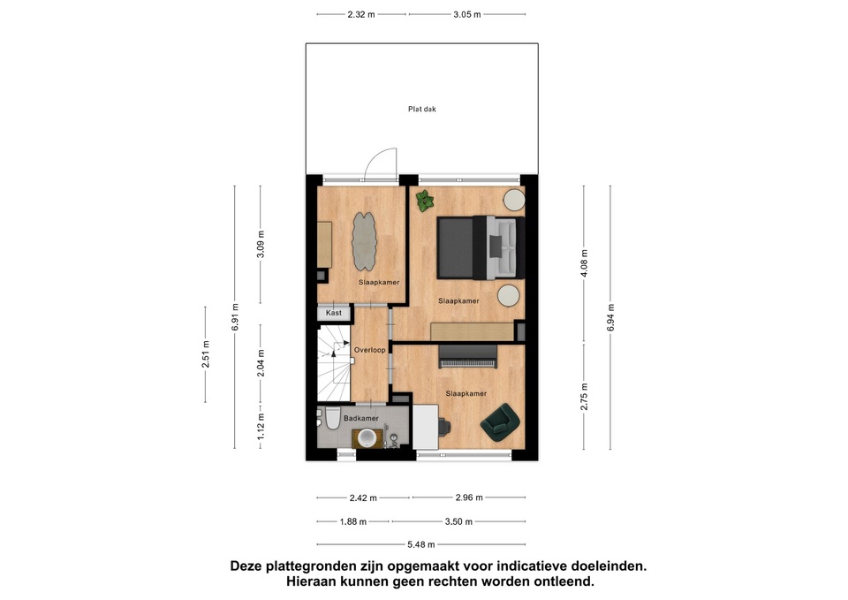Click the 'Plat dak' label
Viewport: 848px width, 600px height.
click(x=422, y=109)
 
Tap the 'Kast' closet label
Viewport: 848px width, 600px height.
click(x=334, y=313)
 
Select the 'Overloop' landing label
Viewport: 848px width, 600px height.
click(x=370, y=350)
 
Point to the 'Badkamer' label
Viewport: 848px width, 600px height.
click(x=361, y=418)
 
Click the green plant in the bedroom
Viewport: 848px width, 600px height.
click(x=425, y=201)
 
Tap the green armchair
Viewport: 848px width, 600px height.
click(x=500, y=422)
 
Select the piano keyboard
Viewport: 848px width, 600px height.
click(x=468, y=357)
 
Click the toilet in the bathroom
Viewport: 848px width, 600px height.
click(x=331, y=421)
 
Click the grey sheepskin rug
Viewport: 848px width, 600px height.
click(x=365, y=241)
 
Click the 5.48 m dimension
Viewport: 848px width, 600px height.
click(x=421, y=544)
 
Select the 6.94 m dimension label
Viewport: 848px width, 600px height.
click(x=610, y=317)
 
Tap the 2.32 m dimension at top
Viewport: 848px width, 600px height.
click(x=361, y=15)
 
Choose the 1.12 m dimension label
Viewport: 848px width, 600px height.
click(x=261, y=427)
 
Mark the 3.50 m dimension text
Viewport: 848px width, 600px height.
click(x=458, y=521)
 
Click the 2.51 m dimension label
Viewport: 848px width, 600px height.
click(x=206, y=354)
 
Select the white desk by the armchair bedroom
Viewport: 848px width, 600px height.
click(x=426, y=427)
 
